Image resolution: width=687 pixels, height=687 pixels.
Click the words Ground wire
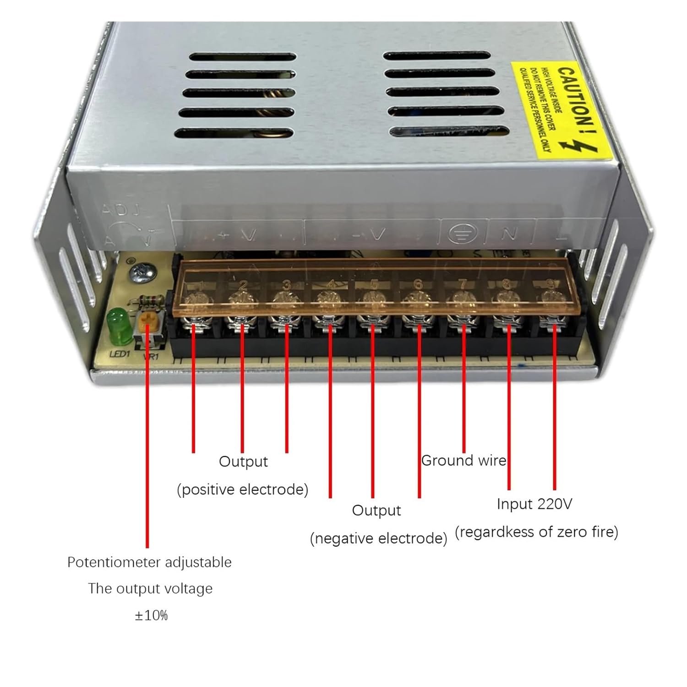(x=463, y=460)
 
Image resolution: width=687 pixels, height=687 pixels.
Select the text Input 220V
(x=534, y=504)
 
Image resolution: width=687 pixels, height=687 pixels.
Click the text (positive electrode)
(x=243, y=489)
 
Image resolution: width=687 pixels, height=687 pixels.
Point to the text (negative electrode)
(x=378, y=538)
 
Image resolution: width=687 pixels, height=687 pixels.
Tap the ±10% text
(x=151, y=615)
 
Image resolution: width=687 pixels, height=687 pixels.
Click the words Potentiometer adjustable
(x=149, y=562)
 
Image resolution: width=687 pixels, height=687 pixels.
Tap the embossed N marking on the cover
(x=509, y=234)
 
